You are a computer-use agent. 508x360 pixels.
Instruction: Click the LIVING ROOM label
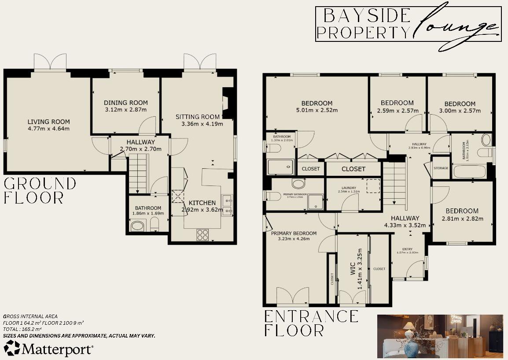point(48,122)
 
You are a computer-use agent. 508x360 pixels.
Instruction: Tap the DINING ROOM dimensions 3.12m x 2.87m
point(125,109)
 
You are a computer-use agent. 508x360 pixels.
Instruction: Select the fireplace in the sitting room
point(228,103)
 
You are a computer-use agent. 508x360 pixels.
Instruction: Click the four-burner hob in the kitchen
point(202,234)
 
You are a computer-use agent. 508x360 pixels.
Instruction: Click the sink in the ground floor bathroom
point(138,226)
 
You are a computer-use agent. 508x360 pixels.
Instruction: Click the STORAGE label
point(441,168)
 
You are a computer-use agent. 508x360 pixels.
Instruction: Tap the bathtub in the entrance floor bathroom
point(469,171)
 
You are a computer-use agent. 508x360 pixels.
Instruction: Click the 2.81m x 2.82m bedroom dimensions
point(462,219)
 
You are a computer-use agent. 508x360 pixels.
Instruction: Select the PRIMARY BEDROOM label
point(294,233)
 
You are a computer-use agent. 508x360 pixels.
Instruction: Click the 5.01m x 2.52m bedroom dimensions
point(317,111)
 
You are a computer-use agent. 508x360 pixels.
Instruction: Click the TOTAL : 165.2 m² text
point(23,329)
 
